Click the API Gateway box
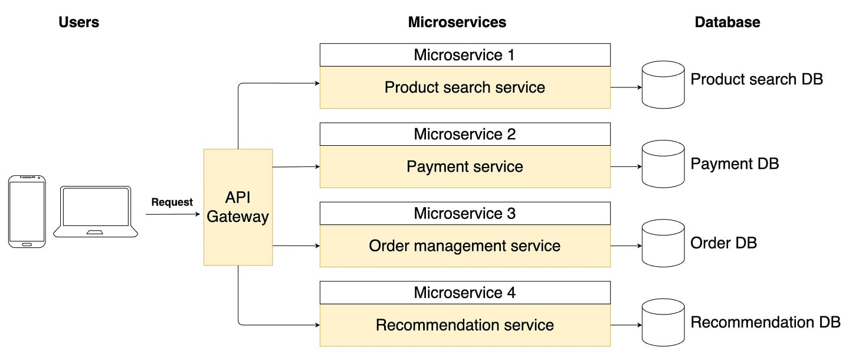coord(238,207)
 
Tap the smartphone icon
coord(27,211)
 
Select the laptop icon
coord(96,211)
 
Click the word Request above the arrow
coord(172,202)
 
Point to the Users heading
coord(78,22)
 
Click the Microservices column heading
coord(457,22)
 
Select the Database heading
coord(727,22)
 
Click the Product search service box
coord(465,87)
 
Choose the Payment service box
coord(465,166)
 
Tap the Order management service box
coord(465,246)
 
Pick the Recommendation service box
coord(465,325)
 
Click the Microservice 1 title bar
coord(465,55)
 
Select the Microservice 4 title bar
coord(465,292)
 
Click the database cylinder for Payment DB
coord(663,164)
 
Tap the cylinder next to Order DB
coord(663,243)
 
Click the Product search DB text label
coord(756,79)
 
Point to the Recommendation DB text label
coord(765,322)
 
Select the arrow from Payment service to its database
coord(626,166)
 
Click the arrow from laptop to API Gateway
coord(172,214)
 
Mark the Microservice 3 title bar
coord(465,213)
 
